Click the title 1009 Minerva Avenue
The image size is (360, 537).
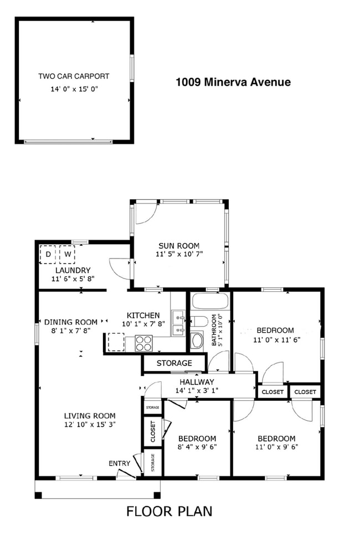click(x=233, y=82)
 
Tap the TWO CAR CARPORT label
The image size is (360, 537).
click(x=74, y=76)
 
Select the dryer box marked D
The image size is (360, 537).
click(x=48, y=255)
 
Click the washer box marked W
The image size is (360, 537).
click(x=66, y=255)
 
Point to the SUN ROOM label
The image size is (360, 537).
click(x=179, y=246)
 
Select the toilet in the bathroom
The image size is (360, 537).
click(x=199, y=321)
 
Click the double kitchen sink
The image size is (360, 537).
click(x=178, y=324)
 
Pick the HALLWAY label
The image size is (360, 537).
click(x=197, y=382)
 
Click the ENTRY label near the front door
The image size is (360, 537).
click(x=120, y=463)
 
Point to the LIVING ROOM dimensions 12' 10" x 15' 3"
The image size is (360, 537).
click(x=89, y=425)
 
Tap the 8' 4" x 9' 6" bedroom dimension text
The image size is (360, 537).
click(x=197, y=447)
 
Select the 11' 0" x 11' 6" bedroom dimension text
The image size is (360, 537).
click(x=276, y=340)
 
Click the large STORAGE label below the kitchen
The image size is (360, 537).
click(x=174, y=363)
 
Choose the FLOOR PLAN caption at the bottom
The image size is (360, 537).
click(x=169, y=511)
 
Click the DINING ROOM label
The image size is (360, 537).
click(x=71, y=322)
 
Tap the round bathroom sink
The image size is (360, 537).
click(x=197, y=340)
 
